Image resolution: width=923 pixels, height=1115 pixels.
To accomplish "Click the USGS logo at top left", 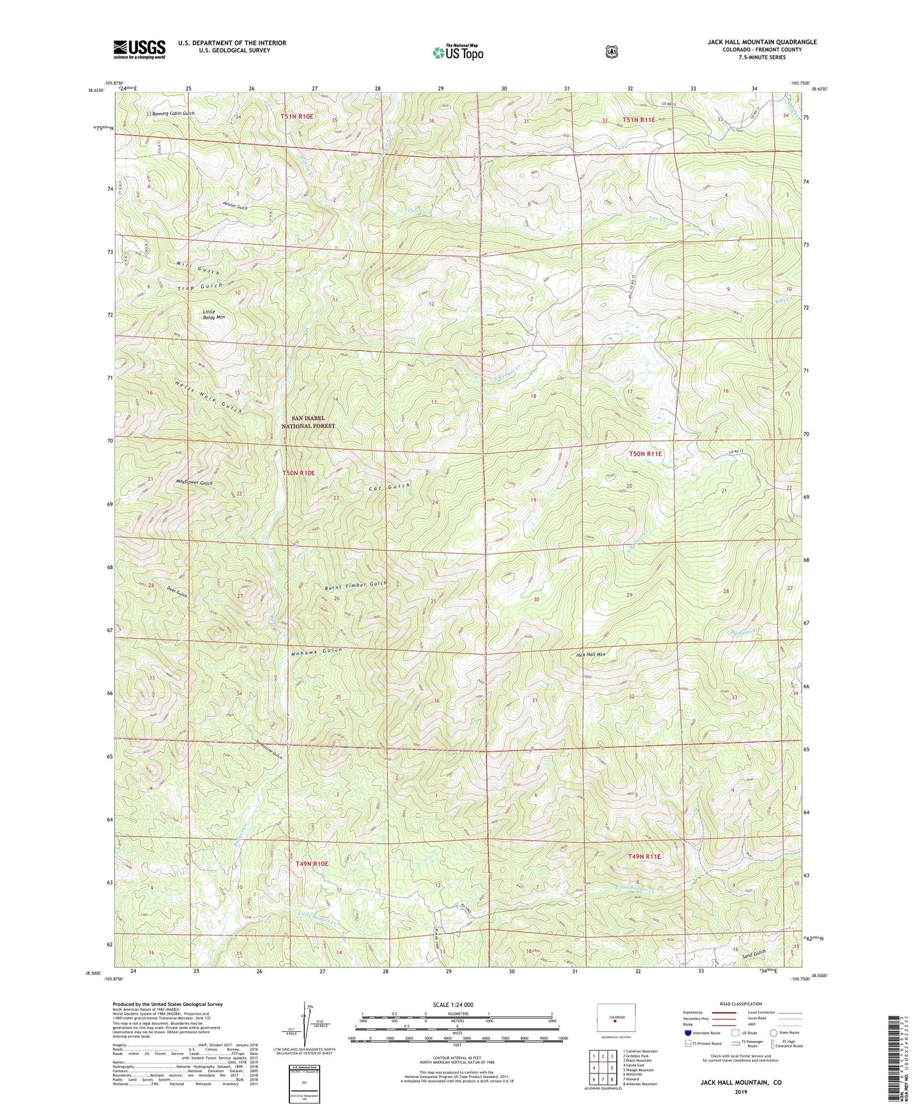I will point(139,49).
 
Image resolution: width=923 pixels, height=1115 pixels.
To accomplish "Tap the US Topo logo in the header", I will point(457,52).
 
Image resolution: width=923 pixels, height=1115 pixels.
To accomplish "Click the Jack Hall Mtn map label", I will point(590,655).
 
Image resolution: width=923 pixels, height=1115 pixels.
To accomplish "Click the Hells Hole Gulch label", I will point(208,397).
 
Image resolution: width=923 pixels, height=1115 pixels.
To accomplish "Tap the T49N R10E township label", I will point(312,863).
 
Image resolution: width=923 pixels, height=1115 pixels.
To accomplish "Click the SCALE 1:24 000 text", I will point(453,1005).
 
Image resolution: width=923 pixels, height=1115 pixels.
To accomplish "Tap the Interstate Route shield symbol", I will point(687,1032).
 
